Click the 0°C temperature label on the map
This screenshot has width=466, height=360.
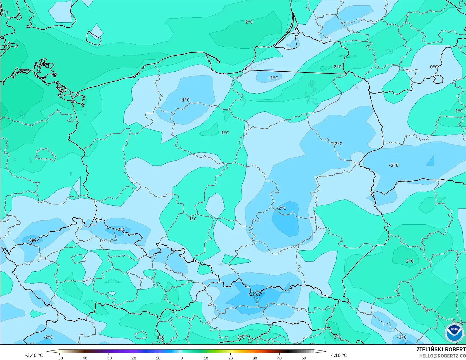coord(434,67)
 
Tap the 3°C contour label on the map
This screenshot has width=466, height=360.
coord(241,337)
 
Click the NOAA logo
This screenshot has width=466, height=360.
coord(454,333)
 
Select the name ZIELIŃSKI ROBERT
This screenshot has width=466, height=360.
coord(441,349)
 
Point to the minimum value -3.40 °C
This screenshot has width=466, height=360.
coord(34,355)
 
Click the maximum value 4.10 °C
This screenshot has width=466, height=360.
coord(339,355)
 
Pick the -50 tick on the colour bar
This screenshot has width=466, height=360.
coord(59,358)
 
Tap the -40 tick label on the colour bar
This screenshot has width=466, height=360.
coord(84,358)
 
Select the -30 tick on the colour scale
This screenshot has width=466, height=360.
coord(108,358)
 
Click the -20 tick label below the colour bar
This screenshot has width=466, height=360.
coord(133,358)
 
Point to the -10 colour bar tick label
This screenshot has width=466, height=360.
coord(157,358)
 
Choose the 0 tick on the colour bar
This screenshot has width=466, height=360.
coord(182,358)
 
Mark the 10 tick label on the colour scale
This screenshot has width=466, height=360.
coord(206,358)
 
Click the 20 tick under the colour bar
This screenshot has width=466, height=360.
coord(230,358)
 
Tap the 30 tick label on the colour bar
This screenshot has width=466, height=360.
coord(255,358)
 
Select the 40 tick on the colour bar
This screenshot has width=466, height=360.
coord(279,358)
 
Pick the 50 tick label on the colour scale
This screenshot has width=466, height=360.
coord(304,358)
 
